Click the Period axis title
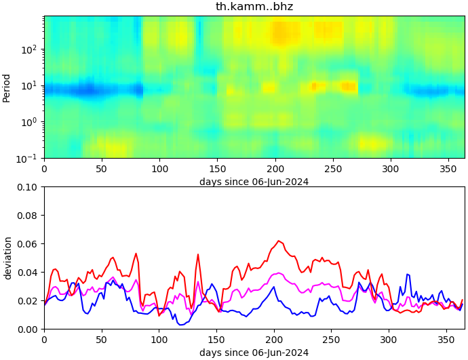(x=7, y=87)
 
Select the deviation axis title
(x=7, y=258)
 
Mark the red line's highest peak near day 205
(x=278, y=241)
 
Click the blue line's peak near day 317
(x=408, y=274)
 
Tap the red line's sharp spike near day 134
(x=198, y=254)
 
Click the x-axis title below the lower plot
(x=254, y=353)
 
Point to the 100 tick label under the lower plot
(x=159, y=339)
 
